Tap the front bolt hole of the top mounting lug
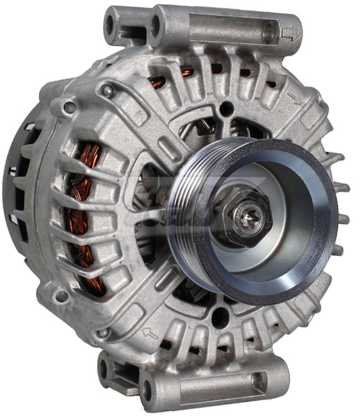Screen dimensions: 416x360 click(x=155, y=26)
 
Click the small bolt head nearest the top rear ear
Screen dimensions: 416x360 click(x=107, y=90)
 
